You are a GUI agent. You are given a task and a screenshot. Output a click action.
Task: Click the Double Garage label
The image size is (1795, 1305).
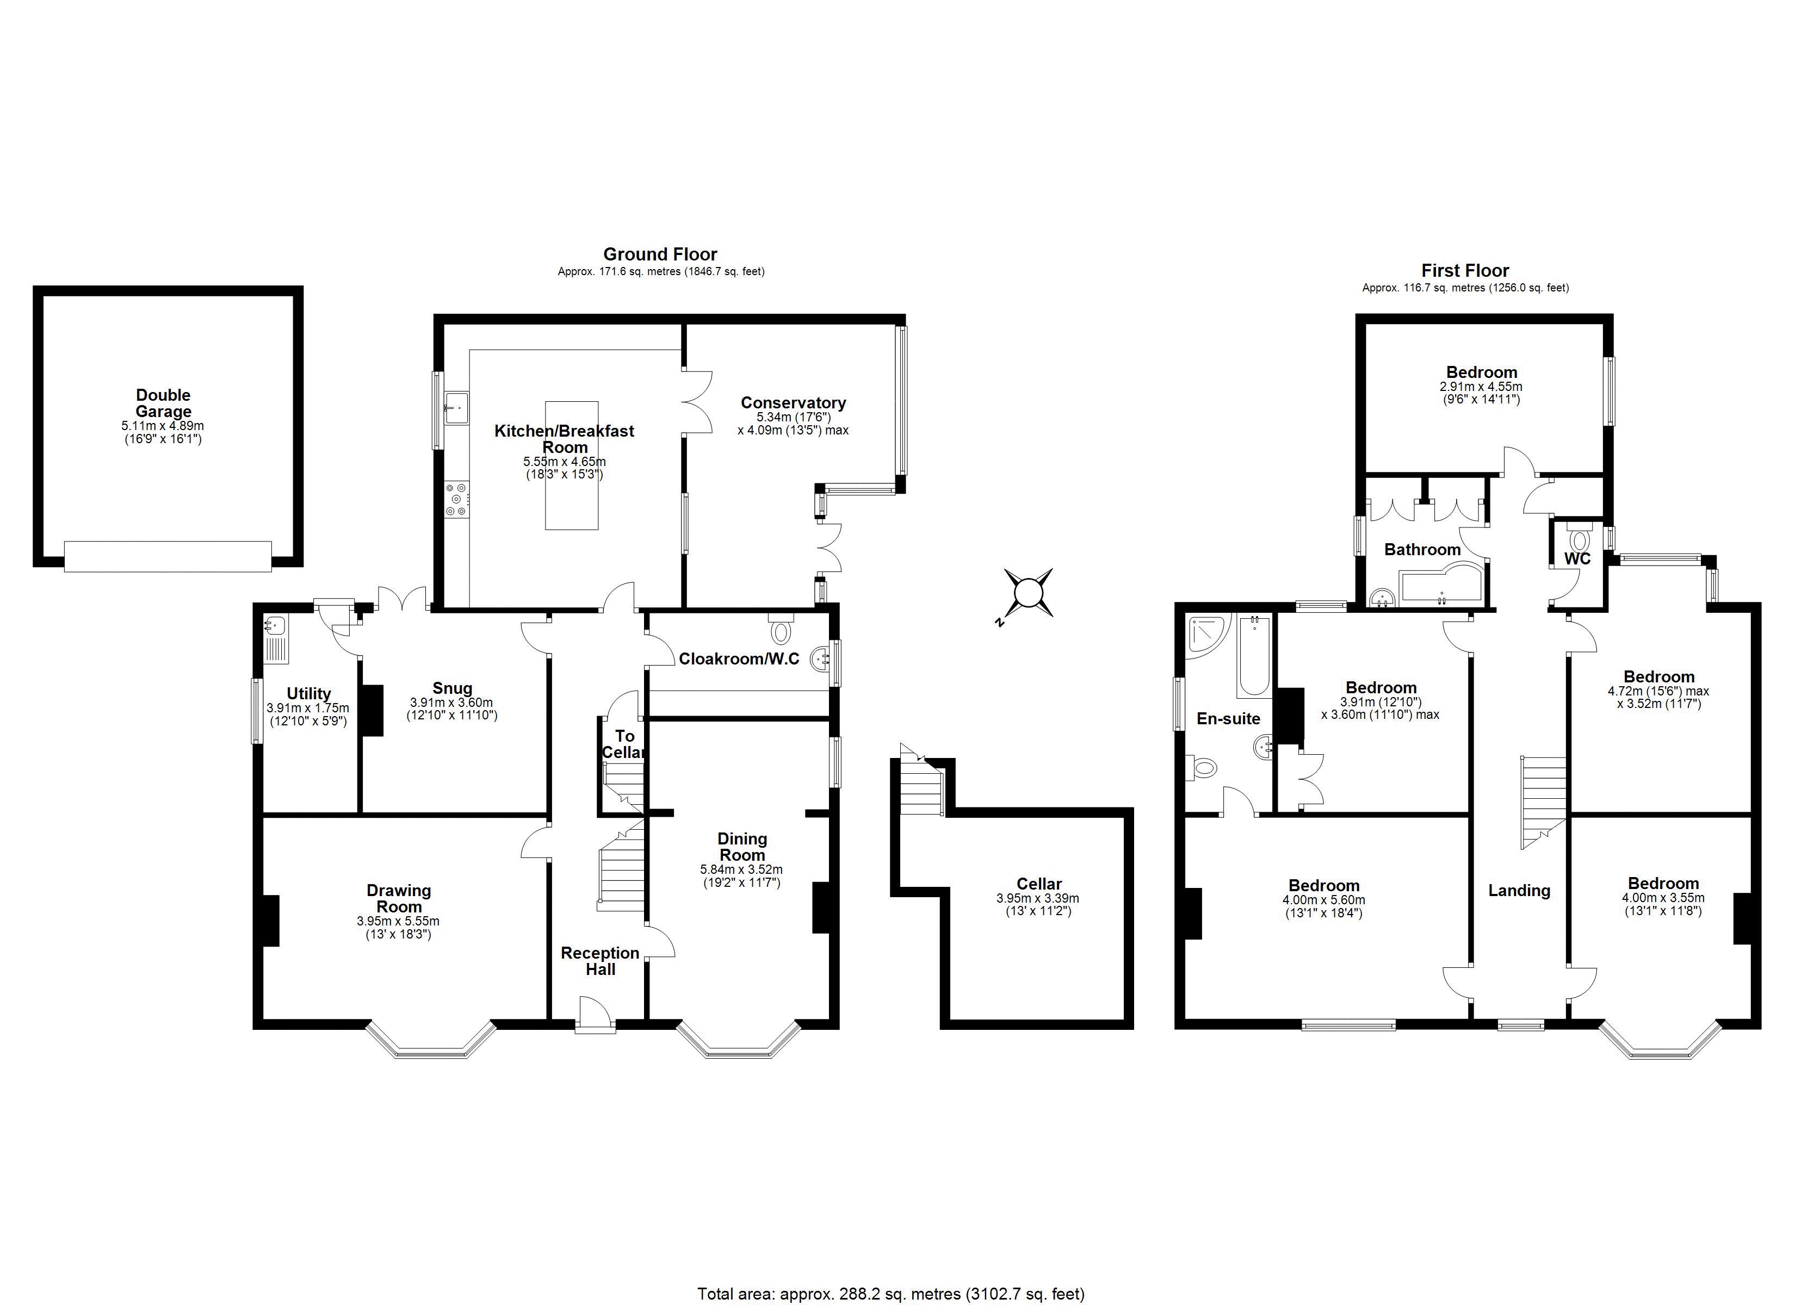tap(163, 403)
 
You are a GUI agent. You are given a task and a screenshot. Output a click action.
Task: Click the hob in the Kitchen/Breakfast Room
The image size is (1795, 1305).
tap(457, 500)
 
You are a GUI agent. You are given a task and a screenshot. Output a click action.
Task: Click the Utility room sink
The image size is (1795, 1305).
tap(275, 627)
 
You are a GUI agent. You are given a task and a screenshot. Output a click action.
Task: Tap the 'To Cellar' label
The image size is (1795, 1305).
tap(624, 744)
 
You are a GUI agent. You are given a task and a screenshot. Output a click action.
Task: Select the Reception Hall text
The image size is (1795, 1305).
tap(600, 961)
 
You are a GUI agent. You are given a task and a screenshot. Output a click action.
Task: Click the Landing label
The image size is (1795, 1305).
tap(1519, 890)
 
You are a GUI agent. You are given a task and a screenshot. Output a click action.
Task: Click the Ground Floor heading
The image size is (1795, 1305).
tap(660, 254)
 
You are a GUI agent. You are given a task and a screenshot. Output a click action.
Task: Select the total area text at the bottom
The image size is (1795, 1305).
tap(890, 1294)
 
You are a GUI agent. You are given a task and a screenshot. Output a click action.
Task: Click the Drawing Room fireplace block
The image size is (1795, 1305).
tap(271, 921)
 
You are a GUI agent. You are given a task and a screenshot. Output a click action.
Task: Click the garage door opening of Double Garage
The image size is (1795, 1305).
tap(167, 556)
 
